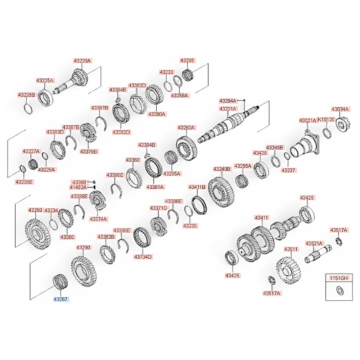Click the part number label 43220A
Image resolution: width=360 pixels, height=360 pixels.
[82, 61]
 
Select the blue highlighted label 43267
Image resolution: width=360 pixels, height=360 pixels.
[61, 299]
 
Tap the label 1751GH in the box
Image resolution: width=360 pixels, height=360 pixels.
[338, 278]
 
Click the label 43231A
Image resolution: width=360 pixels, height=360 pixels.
[228, 109]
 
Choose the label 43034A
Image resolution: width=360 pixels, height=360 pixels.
[340, 109]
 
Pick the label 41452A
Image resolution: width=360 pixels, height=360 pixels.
[78, 187]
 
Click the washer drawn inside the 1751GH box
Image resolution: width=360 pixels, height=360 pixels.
[339, 290]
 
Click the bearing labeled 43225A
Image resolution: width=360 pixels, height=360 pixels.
[46, 98]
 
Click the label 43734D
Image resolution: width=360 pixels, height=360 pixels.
[143, 257]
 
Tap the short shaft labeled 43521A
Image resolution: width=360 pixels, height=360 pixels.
[317, 255]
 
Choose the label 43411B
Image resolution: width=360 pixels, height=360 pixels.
[197, 187]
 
